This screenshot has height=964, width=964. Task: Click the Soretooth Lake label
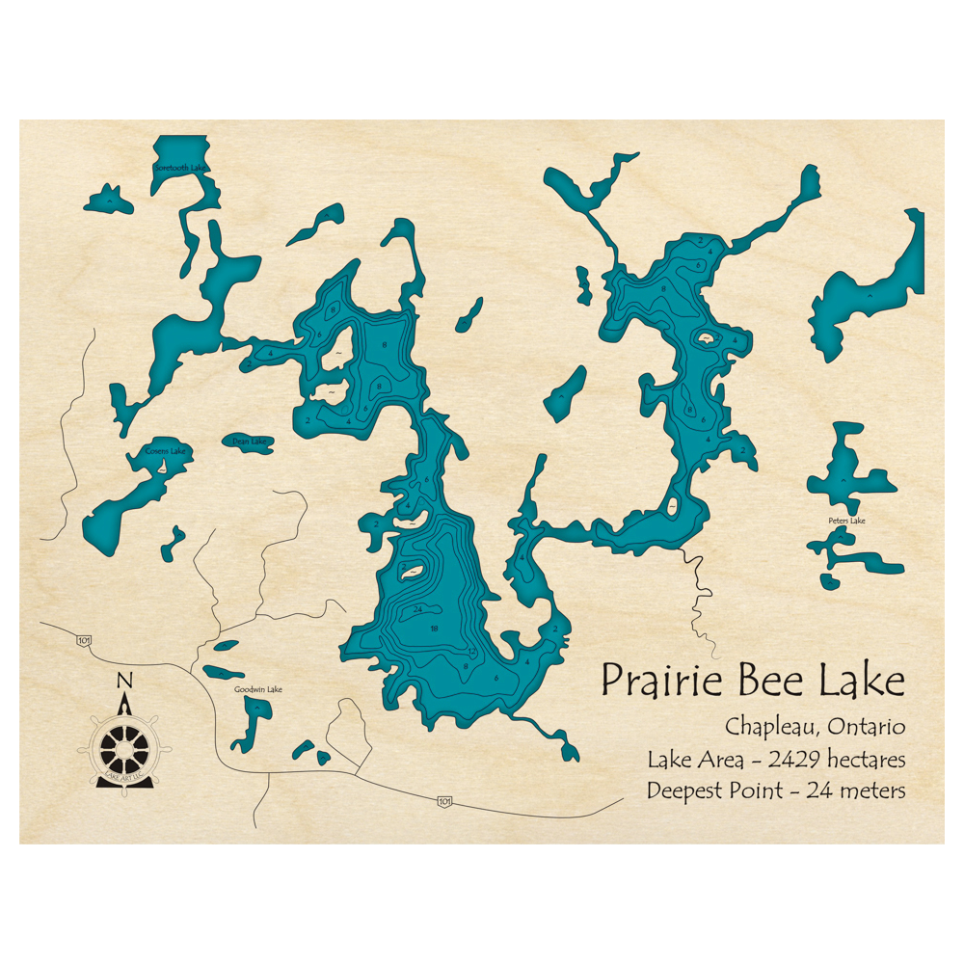point(180,168)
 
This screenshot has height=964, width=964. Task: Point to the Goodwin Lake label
point(258,689)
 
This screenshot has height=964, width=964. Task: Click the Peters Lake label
point(846,522)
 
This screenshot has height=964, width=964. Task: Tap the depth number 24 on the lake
point(417,610)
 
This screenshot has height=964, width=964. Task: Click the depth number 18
point(434,629)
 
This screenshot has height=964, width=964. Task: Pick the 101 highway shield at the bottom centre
point(442,800)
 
